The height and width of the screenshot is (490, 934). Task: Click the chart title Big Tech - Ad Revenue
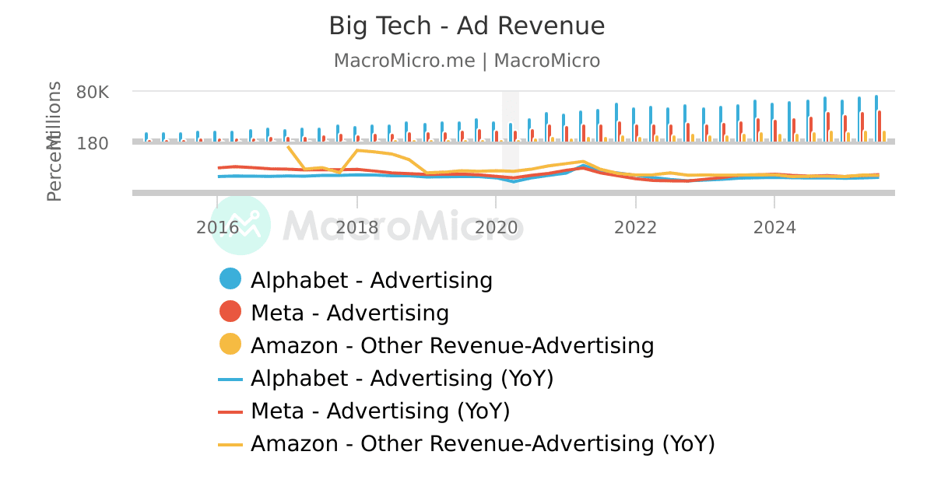466,26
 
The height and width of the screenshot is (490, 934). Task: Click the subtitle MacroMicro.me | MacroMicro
466,61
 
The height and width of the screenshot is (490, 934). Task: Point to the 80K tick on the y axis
93,92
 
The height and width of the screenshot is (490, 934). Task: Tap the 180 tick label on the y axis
93,143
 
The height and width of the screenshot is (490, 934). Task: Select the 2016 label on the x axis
217,227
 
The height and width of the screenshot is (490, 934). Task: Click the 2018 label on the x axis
356,227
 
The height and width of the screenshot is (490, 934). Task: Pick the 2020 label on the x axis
496,227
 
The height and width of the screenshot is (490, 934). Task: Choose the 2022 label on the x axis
635,227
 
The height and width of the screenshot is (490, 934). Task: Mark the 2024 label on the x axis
774,227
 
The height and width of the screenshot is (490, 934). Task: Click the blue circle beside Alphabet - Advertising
230,280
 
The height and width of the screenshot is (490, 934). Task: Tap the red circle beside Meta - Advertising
230,313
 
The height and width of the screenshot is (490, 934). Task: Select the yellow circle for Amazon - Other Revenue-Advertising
230,345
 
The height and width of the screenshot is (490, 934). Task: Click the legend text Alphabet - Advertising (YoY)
402,379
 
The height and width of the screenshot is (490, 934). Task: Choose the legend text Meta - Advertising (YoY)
380,411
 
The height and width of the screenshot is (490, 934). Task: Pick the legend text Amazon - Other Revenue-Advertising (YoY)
483,444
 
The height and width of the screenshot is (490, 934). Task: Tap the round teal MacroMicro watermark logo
241,225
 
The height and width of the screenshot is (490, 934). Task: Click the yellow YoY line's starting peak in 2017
289,146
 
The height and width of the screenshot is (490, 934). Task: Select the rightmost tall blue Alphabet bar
876,117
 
